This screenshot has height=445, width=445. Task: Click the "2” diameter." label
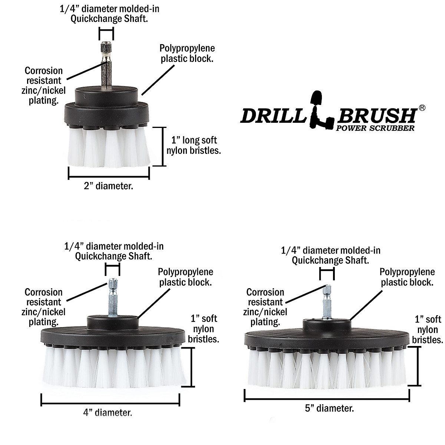[x=108, y=186]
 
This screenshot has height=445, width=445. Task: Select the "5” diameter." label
[x=329, y=408]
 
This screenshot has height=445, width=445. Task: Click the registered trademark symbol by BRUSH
[x=422, y=108]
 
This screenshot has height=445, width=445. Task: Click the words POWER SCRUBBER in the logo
[x=375, y=128]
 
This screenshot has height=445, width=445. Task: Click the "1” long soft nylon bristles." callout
[x=194, y=145]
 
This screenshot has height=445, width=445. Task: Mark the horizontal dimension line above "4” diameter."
[x=111, y=399]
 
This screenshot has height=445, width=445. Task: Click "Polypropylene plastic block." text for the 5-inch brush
[x=407, y=277]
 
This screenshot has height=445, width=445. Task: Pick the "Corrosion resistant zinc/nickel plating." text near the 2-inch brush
[x=44, y=85]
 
